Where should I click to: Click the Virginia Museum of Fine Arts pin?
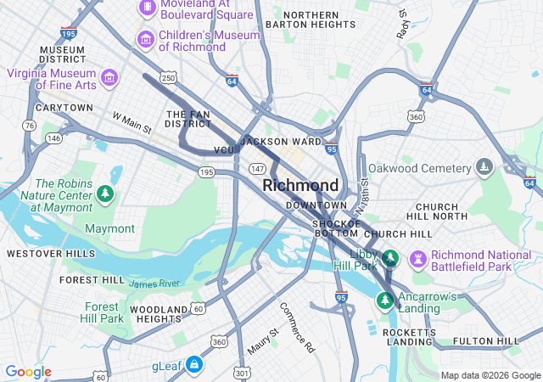click(x=109, y=79)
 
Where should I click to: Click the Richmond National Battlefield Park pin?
click(x=417, y=258)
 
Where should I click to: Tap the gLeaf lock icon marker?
click(x=194, y=364)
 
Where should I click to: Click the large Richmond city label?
click(x=300, y=185)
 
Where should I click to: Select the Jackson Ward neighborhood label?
click(x=280, y=141)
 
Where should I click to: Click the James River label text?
click(x=154, y=284)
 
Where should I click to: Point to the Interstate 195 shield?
click(x=69, y=32)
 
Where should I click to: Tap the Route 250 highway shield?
click(x=169, y=77)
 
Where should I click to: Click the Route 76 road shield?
click(x=30, y=126)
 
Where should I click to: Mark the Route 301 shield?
click(x=243, y=372)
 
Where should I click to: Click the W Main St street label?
click(x=131, y=123)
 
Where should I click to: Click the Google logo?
click(x=28, y=372)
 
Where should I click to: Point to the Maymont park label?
click(x=109, y=228)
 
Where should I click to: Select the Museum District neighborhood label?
click(x=62, y=55)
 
